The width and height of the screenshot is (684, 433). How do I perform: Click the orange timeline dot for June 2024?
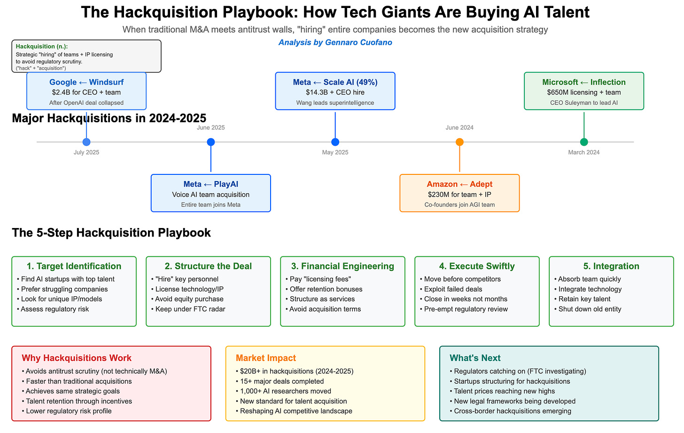[459, 142]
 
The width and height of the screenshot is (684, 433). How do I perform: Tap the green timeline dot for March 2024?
[584, 142]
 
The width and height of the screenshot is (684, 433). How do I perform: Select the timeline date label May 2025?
[335, 152]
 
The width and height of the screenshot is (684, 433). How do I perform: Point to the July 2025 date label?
[86, 152]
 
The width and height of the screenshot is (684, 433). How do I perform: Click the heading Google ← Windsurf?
[86, 82]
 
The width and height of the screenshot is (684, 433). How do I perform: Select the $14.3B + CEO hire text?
[335, 93]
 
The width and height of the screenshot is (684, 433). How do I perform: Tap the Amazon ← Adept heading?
[459, 184]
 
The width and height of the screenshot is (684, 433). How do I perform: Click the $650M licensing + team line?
[584, 93]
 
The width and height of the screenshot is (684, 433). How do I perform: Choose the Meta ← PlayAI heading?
[211, 184]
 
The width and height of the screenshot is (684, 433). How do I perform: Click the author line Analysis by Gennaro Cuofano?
[335, 43]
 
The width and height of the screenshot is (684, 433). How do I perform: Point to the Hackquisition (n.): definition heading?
[42, 47]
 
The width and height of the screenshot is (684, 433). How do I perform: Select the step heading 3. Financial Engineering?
[342, 266]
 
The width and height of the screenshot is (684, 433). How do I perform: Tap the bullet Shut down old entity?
[590, 309]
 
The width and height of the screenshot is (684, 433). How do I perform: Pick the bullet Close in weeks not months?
[466, 299]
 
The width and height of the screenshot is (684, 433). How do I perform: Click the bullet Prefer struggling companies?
[64, 289]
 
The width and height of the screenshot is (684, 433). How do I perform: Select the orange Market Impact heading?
[266, 358]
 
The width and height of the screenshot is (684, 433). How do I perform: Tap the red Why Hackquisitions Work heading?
[77, 358]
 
